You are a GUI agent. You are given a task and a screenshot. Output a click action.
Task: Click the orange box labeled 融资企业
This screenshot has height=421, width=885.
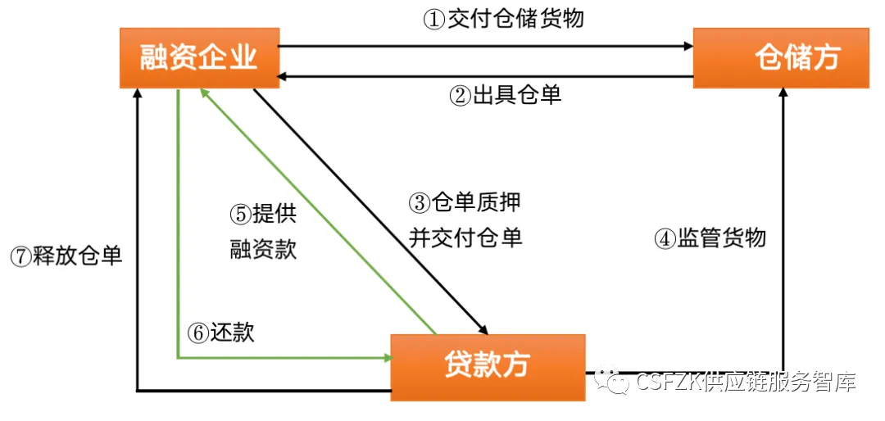click(198, 57)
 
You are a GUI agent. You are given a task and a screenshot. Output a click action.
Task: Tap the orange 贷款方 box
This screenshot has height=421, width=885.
click(488, 366)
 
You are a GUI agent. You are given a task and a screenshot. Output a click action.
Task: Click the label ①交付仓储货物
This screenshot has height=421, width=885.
click(503, 20)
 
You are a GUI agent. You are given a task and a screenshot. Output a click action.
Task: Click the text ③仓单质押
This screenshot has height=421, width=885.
click(464, 201)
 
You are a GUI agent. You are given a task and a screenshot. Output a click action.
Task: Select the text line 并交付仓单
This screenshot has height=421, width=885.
click(465, 238)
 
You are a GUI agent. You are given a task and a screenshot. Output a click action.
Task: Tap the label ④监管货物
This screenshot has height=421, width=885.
click(710, 238)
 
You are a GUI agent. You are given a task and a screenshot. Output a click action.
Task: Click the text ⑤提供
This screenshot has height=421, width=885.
click(262, 214)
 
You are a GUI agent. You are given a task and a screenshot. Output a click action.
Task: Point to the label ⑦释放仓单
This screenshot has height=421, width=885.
click(66, 256)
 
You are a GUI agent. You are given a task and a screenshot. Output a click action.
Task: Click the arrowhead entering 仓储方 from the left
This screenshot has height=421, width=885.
click(687, 47)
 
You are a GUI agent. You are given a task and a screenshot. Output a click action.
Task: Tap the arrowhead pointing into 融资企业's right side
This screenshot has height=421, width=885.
click(284, 78)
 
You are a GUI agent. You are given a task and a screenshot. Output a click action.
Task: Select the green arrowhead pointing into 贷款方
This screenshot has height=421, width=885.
click(384, 357)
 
